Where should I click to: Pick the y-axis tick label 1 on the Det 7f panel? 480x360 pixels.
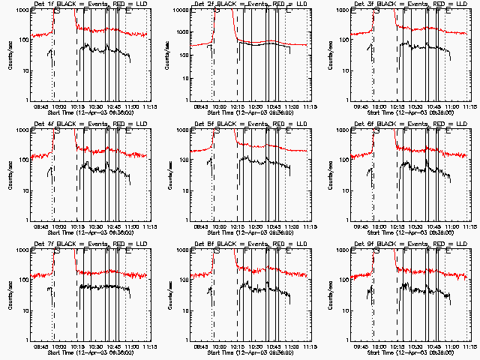tap(26, 339)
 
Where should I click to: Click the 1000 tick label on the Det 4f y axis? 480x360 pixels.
tap(22, 130)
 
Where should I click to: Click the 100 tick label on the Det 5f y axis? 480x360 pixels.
tap(184, 160)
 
